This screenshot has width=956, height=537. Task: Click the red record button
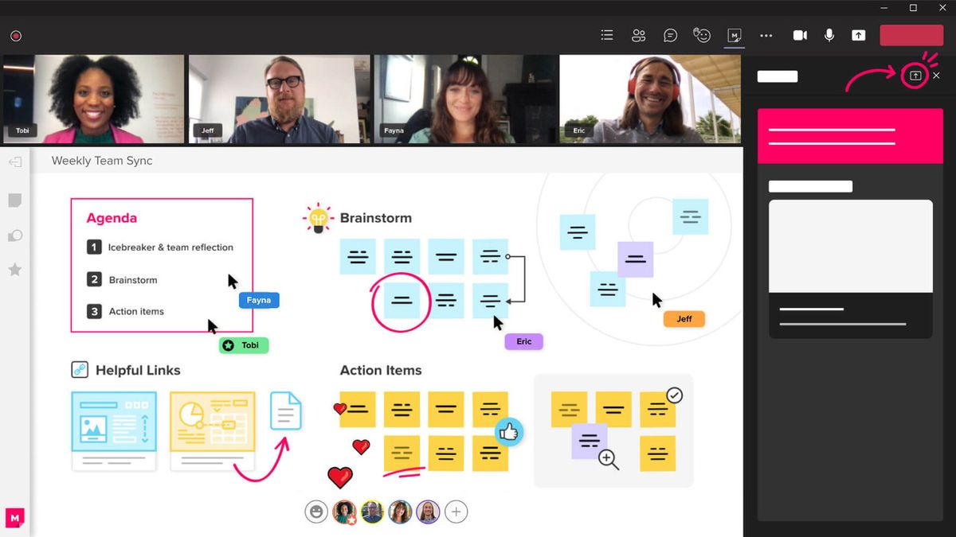16,36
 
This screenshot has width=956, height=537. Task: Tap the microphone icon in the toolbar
829,35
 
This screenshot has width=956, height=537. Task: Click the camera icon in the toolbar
800,35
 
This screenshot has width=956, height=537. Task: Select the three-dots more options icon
766,35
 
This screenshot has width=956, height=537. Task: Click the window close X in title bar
942,8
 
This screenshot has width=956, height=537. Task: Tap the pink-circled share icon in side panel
915,76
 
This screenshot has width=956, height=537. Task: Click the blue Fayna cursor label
259,301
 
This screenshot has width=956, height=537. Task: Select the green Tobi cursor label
244,345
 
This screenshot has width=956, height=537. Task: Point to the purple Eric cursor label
523,341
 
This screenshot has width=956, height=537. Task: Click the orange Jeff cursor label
684,319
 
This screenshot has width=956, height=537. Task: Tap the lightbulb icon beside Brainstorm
319,218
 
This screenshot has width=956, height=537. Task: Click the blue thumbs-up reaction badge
508,432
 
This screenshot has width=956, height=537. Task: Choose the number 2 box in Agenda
94,279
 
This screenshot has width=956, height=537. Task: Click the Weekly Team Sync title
102,161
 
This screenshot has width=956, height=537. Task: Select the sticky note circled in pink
402,301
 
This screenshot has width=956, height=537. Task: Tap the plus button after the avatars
456,512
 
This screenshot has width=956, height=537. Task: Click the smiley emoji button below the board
316,512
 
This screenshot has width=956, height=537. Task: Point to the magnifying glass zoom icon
609,459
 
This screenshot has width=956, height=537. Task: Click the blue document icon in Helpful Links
286,411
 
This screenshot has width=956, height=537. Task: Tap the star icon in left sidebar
14,270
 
